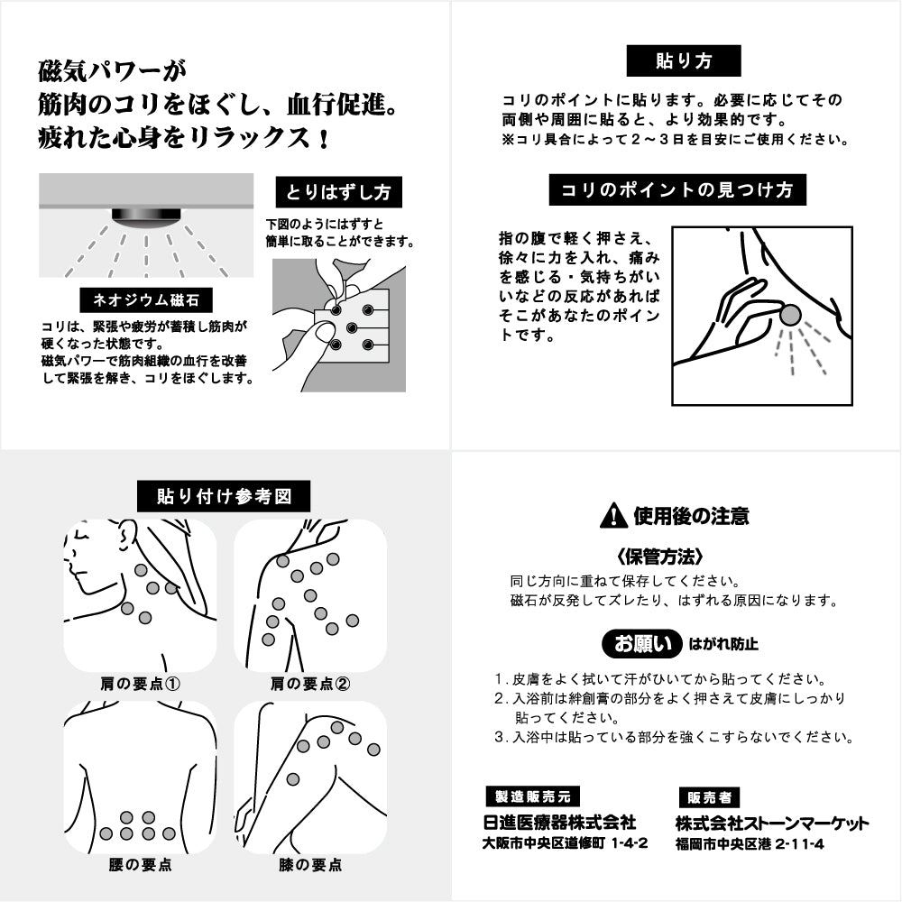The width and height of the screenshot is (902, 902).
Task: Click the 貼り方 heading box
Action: point(683,60)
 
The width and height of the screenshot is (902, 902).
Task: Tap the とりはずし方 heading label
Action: point(338,192)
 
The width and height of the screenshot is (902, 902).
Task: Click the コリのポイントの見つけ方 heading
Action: point(676,190)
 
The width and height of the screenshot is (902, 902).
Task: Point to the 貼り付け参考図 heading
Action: point(224,496)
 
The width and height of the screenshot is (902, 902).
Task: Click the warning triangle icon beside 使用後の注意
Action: point(613,515)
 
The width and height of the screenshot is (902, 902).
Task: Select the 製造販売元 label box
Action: point(531,796)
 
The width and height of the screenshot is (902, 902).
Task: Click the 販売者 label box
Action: point(708,797)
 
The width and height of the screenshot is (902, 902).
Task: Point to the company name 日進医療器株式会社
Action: point(559,823)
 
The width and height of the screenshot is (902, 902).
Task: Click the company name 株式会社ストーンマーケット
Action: point(772,823)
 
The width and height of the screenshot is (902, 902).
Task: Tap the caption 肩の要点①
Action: point(141,684)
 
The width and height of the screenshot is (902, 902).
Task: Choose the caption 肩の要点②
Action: point(310,684)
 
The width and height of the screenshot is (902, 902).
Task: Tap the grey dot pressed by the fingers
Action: point(790,315)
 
